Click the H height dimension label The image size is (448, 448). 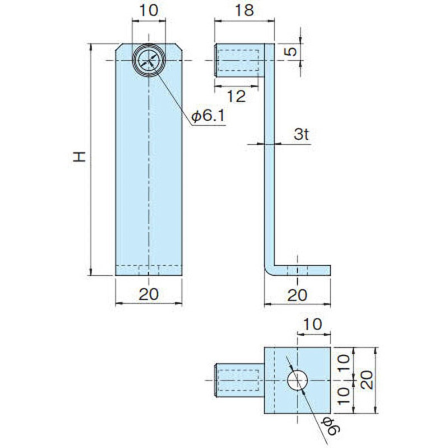pos(81,157)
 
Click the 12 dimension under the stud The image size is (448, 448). pos(237,96)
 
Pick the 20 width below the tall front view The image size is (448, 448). pos(149,293)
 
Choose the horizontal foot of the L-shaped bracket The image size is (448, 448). pos(302,270)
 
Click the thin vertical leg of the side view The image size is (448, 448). pos(270,168)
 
